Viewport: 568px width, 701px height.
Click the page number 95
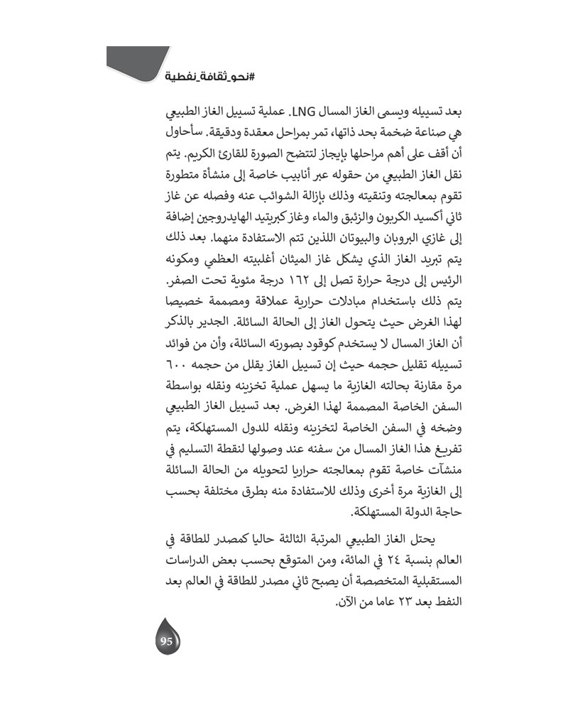[x=167, y=641]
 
